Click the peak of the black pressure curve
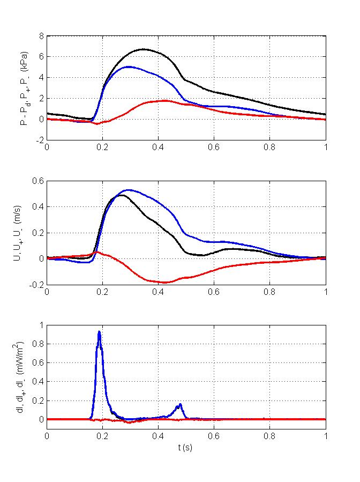[143, 49]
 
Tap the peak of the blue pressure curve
[129, 67]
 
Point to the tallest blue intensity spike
[99, 332]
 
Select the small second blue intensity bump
[181, 404]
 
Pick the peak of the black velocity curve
[122, 195]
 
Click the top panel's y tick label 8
[41, 36]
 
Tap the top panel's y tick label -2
[39, 140]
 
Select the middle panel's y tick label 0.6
[38, 181]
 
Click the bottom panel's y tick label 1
[41, 325]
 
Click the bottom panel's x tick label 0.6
[214, 437]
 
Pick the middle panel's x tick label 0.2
[103, 293]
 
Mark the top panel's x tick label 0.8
[270, 149]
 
